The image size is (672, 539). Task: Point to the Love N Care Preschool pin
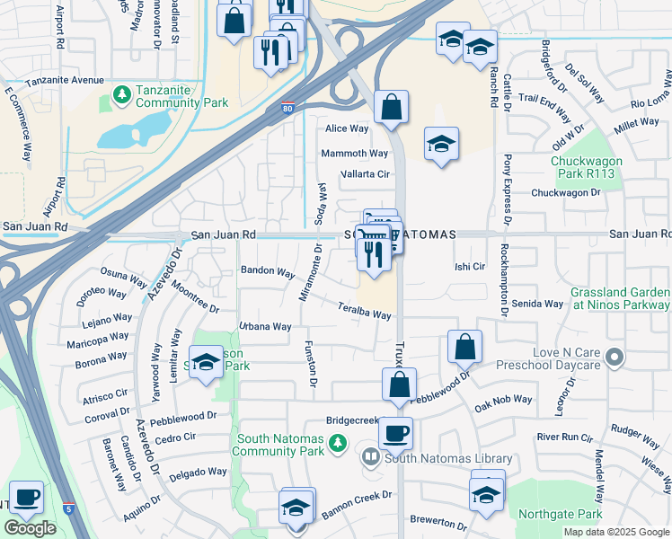[x=615, y=358]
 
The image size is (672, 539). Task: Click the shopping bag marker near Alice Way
[x=391, y=108]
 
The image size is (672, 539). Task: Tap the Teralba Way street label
[x=363, y=311]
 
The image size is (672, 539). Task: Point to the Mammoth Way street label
[x=355, y=154]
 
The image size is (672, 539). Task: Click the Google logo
[x=30, y=528]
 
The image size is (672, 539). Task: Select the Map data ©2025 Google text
[x=615, y=532]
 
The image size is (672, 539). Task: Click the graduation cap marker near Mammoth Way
[x=440, y=146]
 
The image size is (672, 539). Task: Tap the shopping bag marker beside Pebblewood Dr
[x=464, y=347]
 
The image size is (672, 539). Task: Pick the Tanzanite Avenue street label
[x=65, y=80]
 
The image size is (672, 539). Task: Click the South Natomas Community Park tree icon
[x=337, y=442]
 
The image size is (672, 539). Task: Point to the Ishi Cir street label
[x=470, y=267]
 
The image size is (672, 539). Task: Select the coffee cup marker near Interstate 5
[x=26, y=497]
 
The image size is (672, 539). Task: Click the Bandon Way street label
[x=267, y=271]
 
